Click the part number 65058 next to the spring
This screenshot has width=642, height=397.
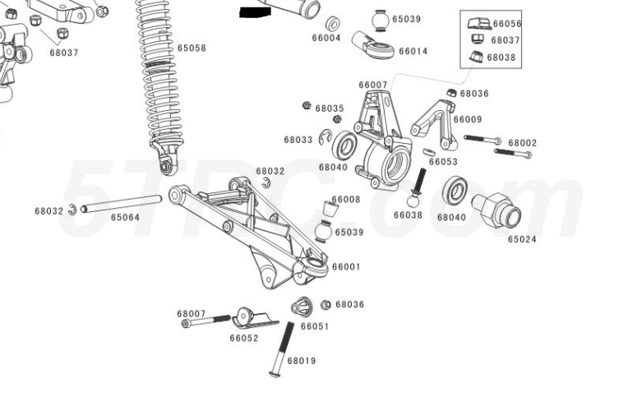click(192, 48)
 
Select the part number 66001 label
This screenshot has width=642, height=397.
click(346, 266)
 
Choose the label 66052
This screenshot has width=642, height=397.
click(244, 338)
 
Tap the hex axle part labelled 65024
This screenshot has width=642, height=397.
click(497, 210)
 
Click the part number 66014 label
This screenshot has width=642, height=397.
click(413, 51)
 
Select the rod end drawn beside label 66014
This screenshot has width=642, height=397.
click(374, 46)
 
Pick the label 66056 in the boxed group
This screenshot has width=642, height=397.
click(507, 25)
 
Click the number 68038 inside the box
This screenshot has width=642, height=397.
click(501, 58)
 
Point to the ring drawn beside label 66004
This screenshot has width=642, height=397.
click(334, 23)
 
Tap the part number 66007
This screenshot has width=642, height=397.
click(372, 85)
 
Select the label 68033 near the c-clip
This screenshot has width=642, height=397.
click(298, 140)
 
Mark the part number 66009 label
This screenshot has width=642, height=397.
click(468, 119)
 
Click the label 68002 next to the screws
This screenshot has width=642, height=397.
click(522, 142)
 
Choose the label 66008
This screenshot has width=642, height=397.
click(346, 199)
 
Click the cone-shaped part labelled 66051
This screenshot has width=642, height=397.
click(302, 307)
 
